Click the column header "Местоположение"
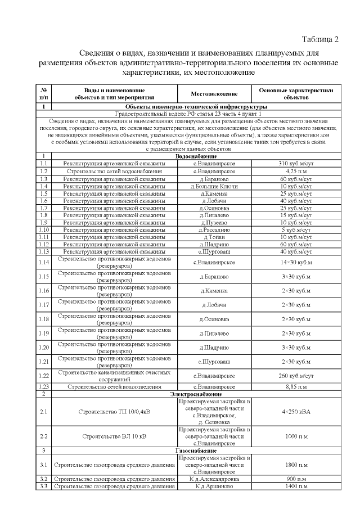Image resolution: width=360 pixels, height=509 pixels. (x=213, y=93)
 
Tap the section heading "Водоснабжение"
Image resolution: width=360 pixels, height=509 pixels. (x=197, y=156)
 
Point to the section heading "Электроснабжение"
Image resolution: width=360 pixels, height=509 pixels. (x=197, y=394)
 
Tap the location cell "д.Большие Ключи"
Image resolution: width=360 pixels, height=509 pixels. (x=213, y=186)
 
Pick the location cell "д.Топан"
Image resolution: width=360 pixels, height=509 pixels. (x=213, y=237)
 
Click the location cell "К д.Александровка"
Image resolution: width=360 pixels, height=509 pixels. (x=213, y=479)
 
